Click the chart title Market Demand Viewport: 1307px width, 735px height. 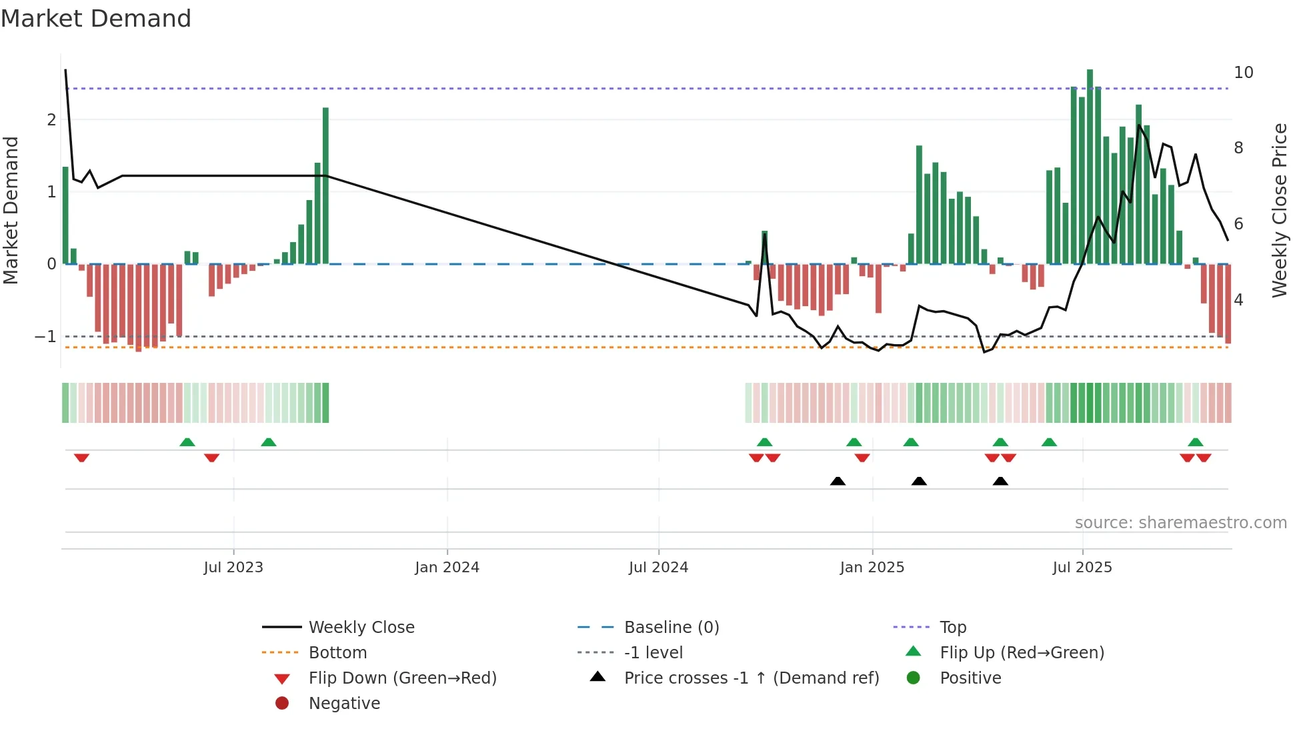(96, 19)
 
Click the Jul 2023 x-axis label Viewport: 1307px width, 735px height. (233, 568)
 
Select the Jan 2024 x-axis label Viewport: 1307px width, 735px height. (447, 568)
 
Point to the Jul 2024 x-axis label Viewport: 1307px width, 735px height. (658, 568)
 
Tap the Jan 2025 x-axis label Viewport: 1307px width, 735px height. (872, 568)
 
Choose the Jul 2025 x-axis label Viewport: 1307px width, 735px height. (1082, 568)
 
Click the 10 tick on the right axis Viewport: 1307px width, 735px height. (1243, 73)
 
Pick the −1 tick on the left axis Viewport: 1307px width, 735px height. (45, 337)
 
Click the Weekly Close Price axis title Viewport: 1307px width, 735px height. (1279, 210)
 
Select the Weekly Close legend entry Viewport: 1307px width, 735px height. (361, 628)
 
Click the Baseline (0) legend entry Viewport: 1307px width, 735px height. (671, 628)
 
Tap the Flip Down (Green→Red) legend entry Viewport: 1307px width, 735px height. (402, 678)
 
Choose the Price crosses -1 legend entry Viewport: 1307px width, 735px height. (751, 678)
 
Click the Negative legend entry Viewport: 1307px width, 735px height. (344, 704)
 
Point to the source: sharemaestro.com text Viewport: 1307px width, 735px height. (1180, 523)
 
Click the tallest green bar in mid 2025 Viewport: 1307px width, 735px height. (1090, 167)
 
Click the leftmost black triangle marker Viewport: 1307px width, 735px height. (838, 481)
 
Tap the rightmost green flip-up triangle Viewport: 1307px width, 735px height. (1195, 442)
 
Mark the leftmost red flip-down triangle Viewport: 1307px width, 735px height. (81, 458)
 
